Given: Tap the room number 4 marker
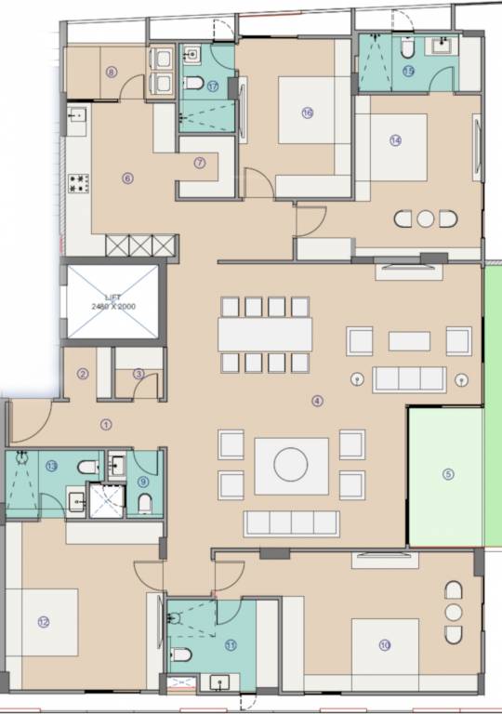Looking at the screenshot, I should point(317,402).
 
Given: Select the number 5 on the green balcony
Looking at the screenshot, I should point(448,473).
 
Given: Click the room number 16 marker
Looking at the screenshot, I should point(307,112).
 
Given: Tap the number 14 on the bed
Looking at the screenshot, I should point(395,141).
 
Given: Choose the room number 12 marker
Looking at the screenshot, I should point(43,622).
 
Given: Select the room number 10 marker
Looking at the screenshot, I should point(384,644).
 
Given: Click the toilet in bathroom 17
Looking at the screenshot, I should point(194,84).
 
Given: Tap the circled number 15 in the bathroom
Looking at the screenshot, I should point(407,70).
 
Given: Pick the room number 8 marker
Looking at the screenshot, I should point(111,72).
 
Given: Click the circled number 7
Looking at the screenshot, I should point(199,163).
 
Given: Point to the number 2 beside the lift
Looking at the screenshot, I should point(83,375).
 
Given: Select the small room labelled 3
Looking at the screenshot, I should point(139,375).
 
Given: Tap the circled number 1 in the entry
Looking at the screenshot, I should point(105,424).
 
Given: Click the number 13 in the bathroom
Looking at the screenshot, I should point(51,466).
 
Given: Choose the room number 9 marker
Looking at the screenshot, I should point(143,481).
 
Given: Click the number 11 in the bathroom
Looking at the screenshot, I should point(231,644).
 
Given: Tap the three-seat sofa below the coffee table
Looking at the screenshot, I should point(291,522).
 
